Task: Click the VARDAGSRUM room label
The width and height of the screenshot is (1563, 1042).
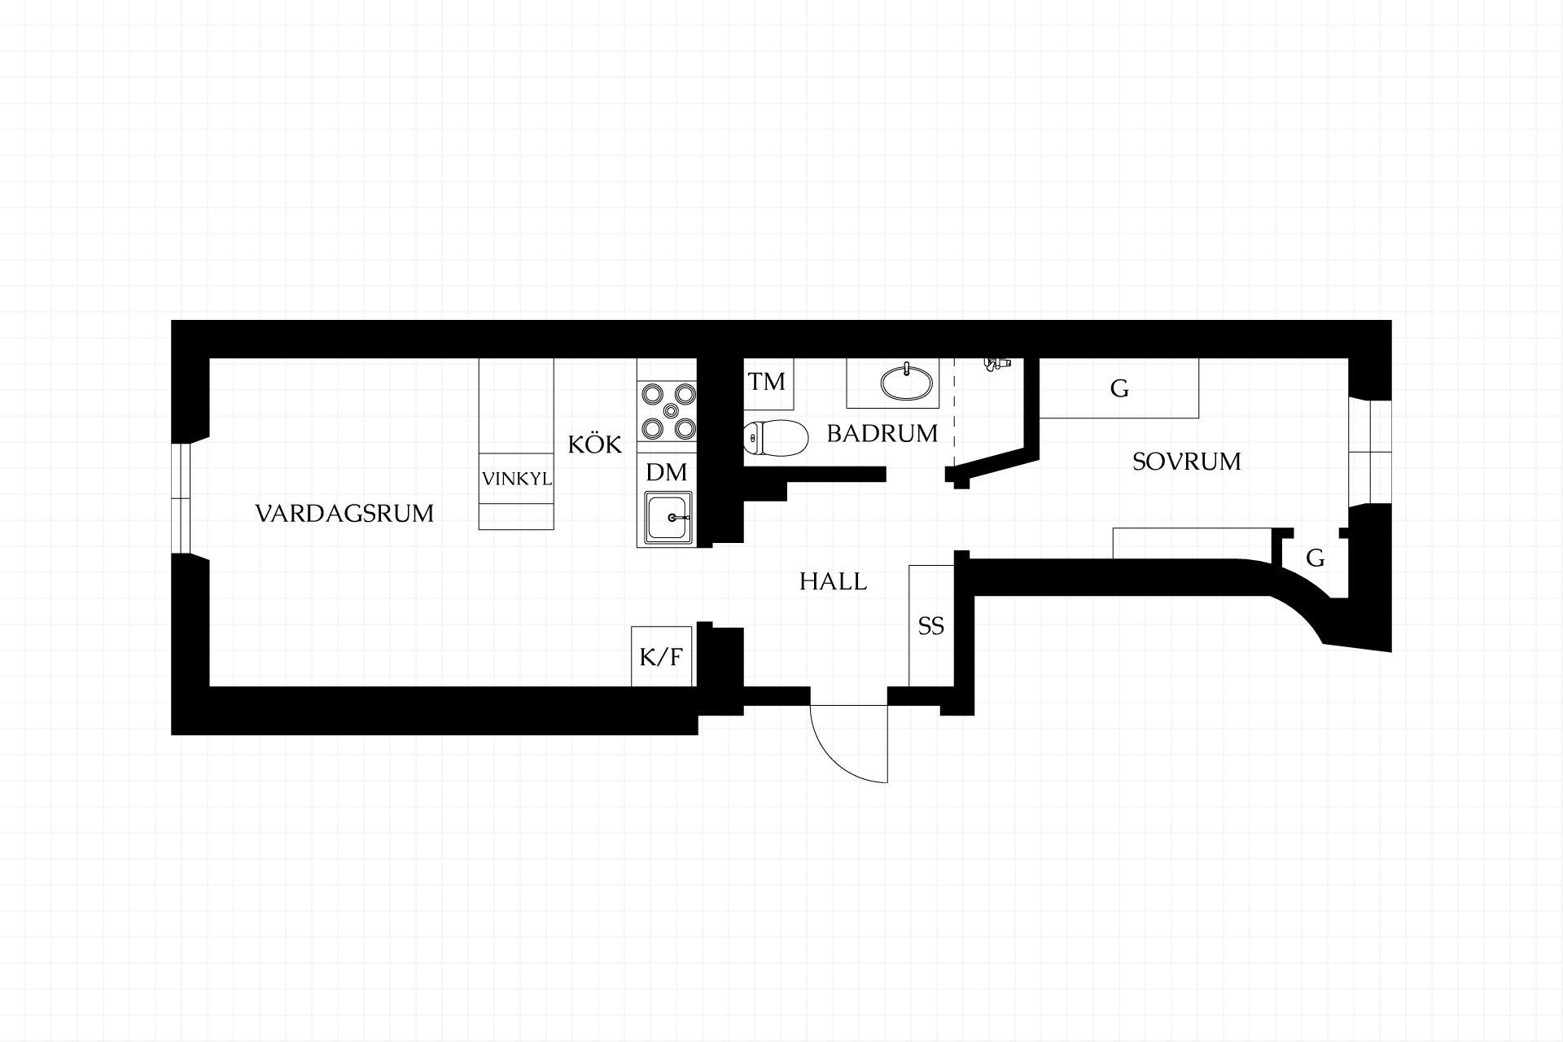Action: point(344,514)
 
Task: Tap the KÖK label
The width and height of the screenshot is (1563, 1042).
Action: point(594,444)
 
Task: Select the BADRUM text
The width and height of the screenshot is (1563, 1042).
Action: point(882,433)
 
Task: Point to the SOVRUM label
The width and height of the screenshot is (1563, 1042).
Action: point(1186,462)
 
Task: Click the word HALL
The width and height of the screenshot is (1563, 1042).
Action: point(833,581)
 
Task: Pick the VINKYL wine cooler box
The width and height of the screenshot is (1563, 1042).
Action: point(516,479)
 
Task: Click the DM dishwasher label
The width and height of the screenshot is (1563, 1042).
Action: point(667,472)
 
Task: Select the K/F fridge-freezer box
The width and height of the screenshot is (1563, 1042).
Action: point(662,656)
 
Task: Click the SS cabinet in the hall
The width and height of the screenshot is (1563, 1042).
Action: point(931,625)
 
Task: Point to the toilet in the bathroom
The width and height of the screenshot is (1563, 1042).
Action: point(776,437)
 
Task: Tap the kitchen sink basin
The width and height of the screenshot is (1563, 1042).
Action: point(668,517)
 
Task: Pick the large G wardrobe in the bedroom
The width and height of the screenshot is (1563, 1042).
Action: point(1119,388)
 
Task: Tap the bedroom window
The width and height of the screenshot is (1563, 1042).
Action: point(1370,452)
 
